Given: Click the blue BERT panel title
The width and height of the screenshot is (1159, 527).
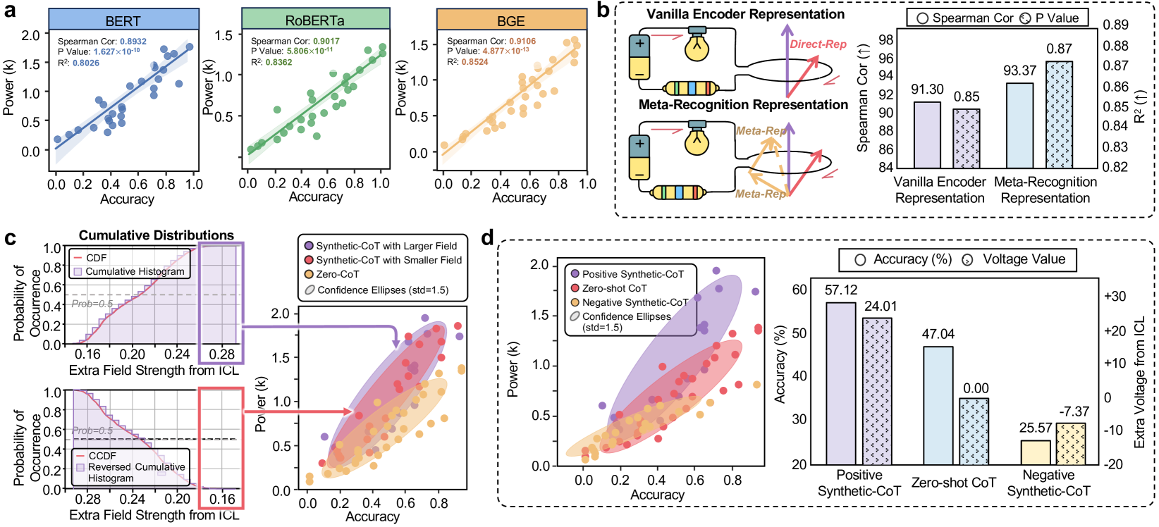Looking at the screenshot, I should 123,20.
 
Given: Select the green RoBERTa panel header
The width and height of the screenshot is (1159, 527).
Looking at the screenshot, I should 316,20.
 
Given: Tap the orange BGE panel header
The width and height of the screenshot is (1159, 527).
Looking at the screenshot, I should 511,20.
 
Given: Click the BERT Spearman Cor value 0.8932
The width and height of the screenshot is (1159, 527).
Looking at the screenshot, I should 133,42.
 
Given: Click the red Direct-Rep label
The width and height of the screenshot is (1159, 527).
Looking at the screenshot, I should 818,44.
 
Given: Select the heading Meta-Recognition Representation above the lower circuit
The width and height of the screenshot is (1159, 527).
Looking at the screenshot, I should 743,105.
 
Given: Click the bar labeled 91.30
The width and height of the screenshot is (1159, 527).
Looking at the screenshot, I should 927,135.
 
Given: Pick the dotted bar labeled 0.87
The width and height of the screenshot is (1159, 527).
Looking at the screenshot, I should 1059,114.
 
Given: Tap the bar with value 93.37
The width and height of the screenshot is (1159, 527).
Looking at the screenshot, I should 1019,125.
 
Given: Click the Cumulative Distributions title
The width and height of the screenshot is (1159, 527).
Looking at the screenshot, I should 156,235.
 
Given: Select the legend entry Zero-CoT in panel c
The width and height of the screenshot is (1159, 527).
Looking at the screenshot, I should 337,274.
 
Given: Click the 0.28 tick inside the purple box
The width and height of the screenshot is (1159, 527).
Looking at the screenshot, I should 222,354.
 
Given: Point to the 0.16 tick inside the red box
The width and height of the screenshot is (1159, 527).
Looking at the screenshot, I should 222,499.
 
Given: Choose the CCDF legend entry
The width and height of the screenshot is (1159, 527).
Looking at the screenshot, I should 102,456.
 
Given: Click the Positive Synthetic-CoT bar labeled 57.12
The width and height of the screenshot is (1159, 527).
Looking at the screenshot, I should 840,383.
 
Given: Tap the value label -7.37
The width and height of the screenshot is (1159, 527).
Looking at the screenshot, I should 1074,411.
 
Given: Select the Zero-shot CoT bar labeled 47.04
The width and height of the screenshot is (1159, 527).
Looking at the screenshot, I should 938,405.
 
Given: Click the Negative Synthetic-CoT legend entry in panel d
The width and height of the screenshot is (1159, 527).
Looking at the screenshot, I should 634,302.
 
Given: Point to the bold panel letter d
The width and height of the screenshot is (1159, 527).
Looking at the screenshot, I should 487,238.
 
